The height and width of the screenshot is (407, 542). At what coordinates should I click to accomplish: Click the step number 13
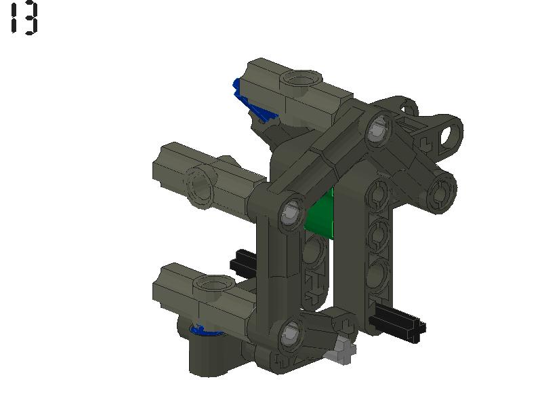pyautogui.click(x=24, y=18)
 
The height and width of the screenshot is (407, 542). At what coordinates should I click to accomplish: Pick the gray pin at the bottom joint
pyautogui.click(x=290, y=331)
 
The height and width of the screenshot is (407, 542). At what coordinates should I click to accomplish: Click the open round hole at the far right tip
pyautogui.click(x=448, y=132)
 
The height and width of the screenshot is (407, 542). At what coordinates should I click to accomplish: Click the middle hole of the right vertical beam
pyautogui.click(x=377, y=235)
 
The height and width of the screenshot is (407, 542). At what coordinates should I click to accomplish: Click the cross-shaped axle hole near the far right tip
pyautogui.click(x=426, y=144)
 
